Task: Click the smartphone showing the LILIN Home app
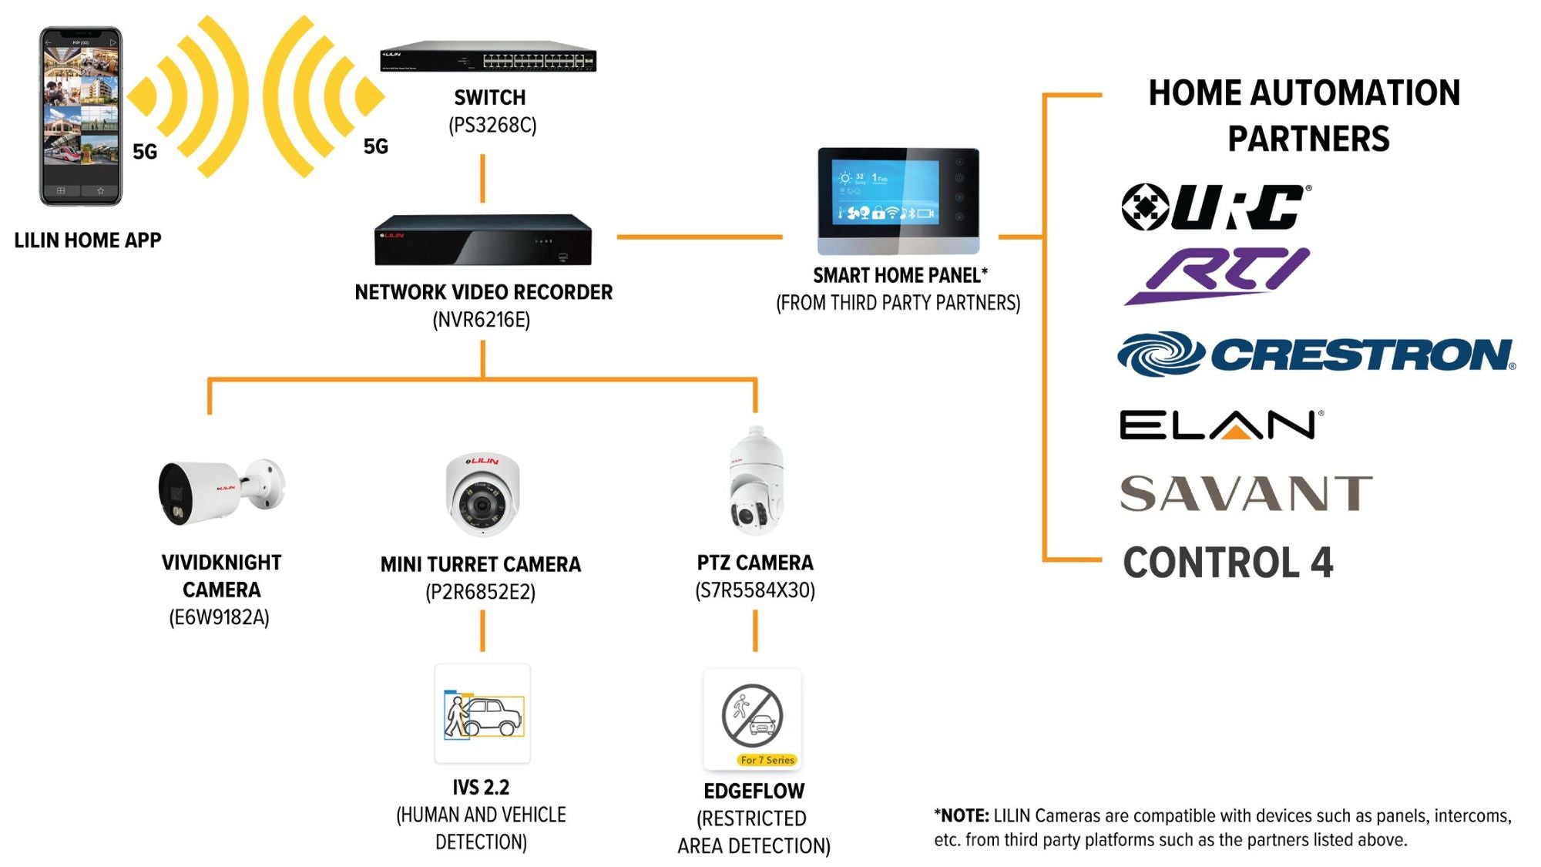coord(81,116)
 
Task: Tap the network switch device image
coord(488,57)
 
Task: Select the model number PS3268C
coord(492,125)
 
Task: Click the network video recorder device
coord(483,240)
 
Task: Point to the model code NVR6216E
coord(482,320)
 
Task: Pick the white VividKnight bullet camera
coord(220,491)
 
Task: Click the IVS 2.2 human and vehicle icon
coord(482,714)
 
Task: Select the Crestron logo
coord(1315,355)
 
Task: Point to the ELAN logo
coord(1220,425)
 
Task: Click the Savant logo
coord(1245,493)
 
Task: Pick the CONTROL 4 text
coord(1227,563)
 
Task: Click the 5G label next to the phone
coord(145,152)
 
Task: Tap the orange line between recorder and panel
coord(699,237)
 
